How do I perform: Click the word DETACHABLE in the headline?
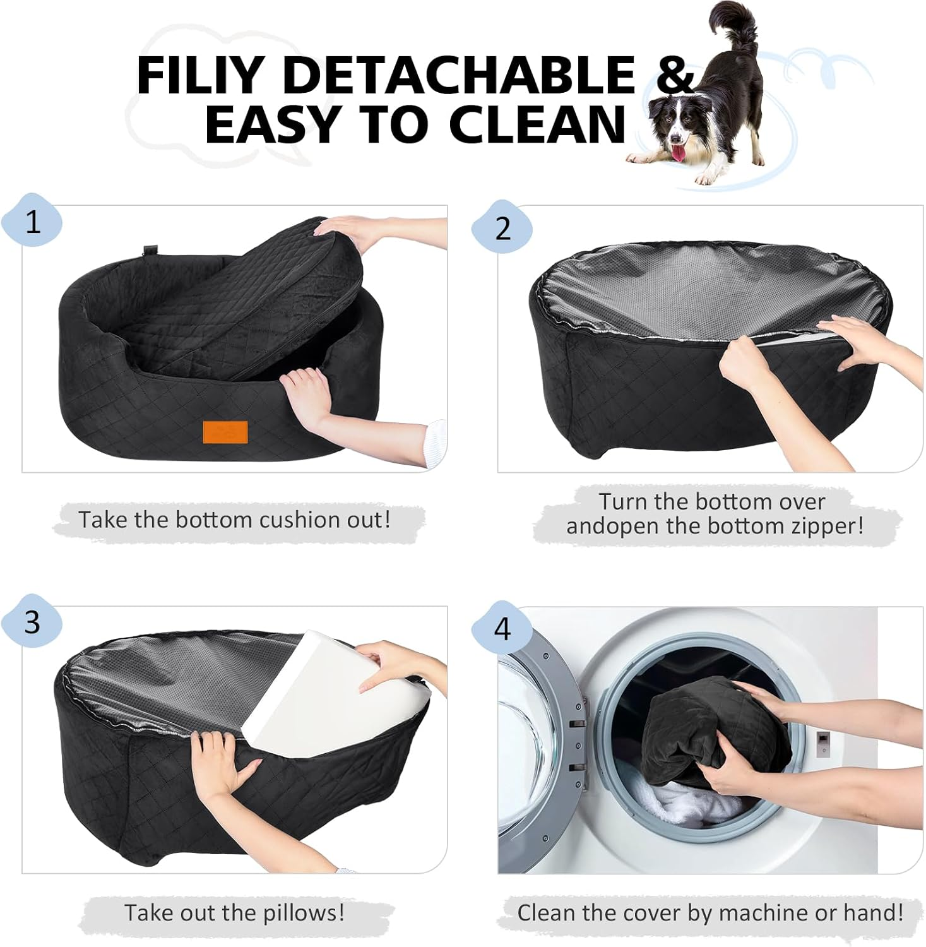pos(459,75)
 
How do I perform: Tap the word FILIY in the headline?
pos(199,75)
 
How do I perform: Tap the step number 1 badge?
pos(32,222)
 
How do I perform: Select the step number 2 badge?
pos(502,228)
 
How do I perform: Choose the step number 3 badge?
pos(32,622)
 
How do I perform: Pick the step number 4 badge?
pos(502,629)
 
